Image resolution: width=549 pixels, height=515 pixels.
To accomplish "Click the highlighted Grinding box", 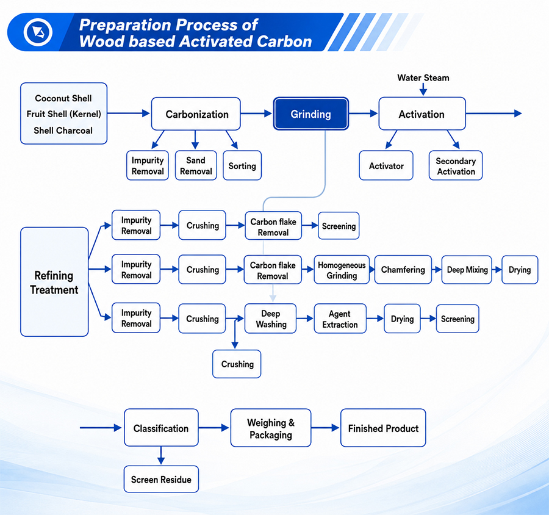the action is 311,114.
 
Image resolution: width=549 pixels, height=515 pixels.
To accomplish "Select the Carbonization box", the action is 196,114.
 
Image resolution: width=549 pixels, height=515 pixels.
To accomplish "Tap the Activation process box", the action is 422,114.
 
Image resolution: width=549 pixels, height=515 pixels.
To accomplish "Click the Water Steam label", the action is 423,77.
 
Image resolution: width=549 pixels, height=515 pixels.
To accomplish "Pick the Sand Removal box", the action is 196,165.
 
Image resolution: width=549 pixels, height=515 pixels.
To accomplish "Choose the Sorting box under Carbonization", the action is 242,165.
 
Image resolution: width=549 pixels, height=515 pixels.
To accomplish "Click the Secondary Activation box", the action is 456,165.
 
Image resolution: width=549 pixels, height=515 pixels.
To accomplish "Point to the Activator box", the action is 386,165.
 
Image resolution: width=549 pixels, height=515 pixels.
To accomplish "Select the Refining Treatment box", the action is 54,282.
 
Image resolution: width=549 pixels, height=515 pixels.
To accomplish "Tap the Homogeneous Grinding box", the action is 342,270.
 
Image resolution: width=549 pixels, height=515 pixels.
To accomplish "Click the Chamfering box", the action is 403,270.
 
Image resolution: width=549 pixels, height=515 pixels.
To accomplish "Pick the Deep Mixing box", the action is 467,270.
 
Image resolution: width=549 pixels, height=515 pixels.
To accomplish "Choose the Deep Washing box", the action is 271,319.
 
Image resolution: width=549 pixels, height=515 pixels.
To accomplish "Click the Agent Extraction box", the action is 340,319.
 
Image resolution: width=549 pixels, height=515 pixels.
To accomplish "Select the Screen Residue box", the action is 161,479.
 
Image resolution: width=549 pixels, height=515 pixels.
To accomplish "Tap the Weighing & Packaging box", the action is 271,428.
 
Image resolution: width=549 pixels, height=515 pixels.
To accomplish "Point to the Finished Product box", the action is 383,428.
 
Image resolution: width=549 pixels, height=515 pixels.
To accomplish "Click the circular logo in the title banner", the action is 38,32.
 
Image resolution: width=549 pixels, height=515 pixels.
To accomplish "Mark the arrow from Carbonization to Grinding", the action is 256,113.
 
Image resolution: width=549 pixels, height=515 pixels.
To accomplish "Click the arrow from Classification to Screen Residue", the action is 161,455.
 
